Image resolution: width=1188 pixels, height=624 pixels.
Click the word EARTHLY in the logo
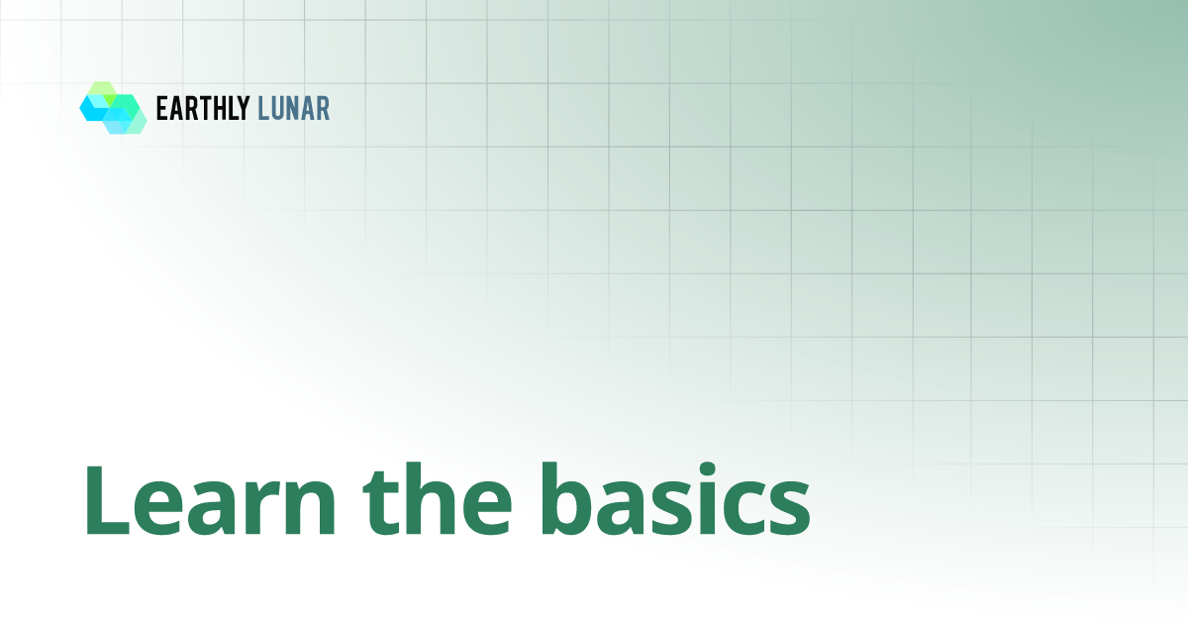coord(203,108)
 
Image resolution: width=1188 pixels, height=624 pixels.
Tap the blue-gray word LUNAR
coord(293,108)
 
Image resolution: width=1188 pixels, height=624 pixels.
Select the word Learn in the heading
coord(210,500)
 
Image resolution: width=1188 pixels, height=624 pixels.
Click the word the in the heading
coord(438,499)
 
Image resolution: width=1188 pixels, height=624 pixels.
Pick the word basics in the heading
coord(674,499)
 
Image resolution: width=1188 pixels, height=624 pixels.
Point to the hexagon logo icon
coord(113,108)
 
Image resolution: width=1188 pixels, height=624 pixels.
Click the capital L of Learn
coord(107,500)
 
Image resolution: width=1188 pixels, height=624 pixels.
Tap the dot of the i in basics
coord(707,470)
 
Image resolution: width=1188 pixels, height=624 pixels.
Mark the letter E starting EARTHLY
coord(162,108)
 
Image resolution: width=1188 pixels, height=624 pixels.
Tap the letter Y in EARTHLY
coord(243,108)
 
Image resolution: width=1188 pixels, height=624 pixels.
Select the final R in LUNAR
coord(323,108)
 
